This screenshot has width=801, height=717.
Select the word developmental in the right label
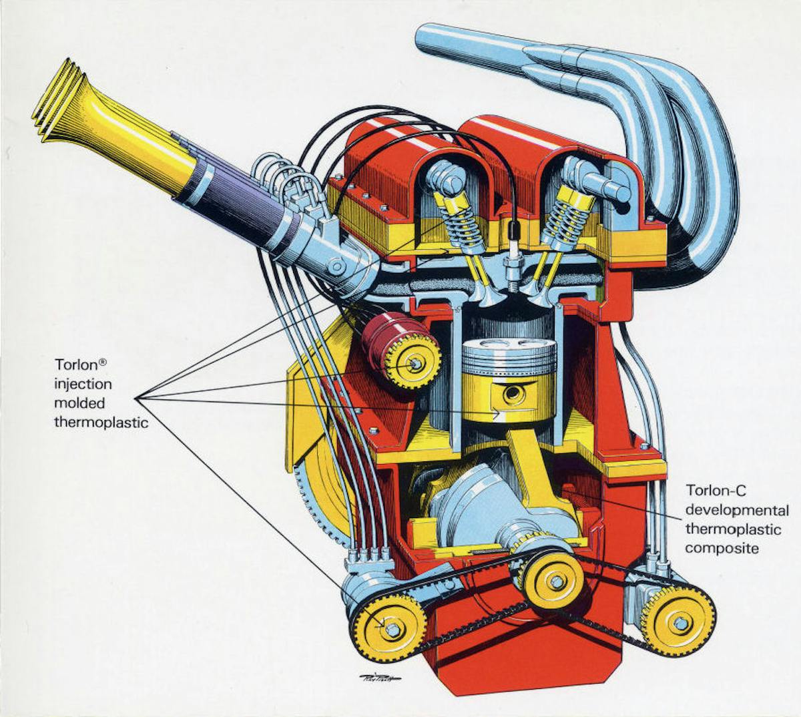(737, 511)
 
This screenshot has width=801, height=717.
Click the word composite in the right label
(722, 549)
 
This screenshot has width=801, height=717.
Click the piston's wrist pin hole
(513, 395)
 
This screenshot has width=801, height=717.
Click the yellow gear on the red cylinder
(413, 363)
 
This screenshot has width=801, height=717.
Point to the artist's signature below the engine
(379, 678)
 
